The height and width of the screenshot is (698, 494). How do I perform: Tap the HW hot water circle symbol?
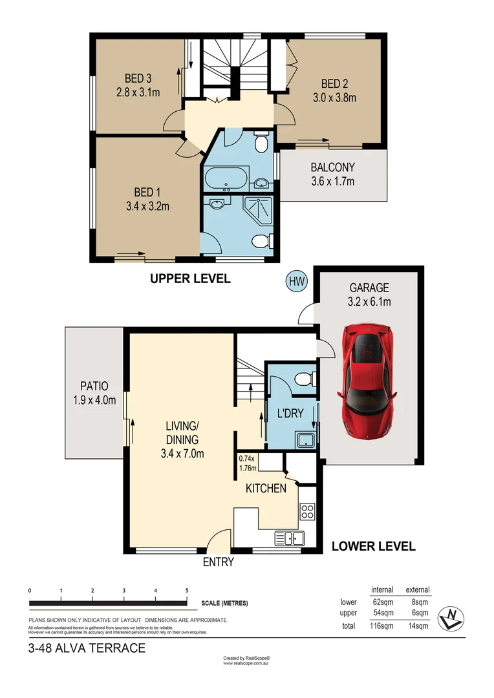pyautogui.click(x=297, y=281)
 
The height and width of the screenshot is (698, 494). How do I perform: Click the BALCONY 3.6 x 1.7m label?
pyautogui.click(x=332, y=174)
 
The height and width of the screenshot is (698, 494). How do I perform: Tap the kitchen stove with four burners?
pyautogui.click(x=308, y=513)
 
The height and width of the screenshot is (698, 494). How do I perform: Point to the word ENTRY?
pyautogui.click(x=218, y=562)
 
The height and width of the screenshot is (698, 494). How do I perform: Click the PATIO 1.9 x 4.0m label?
pyautogui.click(x=94, y=392)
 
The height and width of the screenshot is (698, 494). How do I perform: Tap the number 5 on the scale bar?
pyautogui.click(x=187, y=591)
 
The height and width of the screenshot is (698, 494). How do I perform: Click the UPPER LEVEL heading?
pyautogui.click(x=190, y=279)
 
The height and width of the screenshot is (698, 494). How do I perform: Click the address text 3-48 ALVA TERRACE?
pyautogui.click(x=87, y=648)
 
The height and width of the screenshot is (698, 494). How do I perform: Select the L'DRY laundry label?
pyautogui.click(x=290, y=414)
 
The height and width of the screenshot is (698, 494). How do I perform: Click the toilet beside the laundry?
pyautogui.click(x=303, y=379)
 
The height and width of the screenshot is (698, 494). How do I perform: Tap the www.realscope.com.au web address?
pyautogui.click(x=246, y=663)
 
